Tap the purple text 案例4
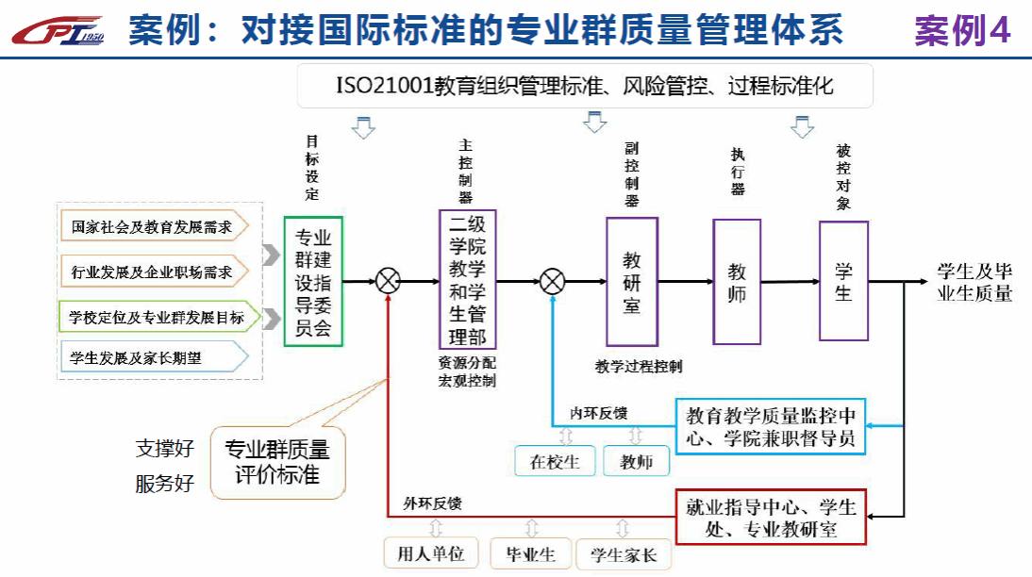tap(961, 31)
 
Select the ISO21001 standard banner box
tap(585, 86)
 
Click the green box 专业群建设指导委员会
tap(313, 282)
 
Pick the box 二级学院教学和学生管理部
tap(467, 280)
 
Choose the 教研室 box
tap(631, 281)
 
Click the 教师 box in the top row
tap(737, 282)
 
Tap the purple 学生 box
tap(843, 280)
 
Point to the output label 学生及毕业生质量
tap(974, 281)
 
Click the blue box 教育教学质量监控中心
tap(771, 426)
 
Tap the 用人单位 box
tap(431, 553)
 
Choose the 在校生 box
tap(554, 461)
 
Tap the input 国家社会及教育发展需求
tap(152, 227)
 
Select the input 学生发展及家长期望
tap(151, 356)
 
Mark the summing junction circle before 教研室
tap(553, 281)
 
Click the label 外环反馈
tap(433, 503)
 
